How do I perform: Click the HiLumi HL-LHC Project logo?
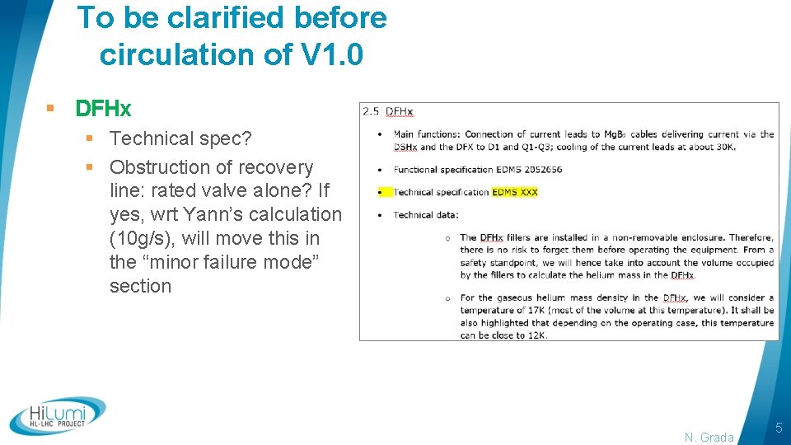pyautogui.click(x=58, y=415)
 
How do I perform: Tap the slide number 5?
pyautogui.click(x=779, y=428)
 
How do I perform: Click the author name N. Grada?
pyautogui.click(x=709, y=438)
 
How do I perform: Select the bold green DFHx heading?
pyautogui.click(x=103, y=109)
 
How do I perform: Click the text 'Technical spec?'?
pyautogui.click(x=181, y=138)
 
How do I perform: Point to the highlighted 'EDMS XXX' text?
pyautogui.click(x=515, y=192)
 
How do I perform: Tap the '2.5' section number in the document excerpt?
pyautogui.click(x=371, y=111)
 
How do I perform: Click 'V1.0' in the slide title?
pyautogui.click(x=332, y=54)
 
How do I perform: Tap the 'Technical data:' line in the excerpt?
pyautogui.click(x=426, y=215)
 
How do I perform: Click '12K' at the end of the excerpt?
pyautogui.click(x=536, y=335)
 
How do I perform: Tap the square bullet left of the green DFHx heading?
pyautogui.click(x=51, y=109)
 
